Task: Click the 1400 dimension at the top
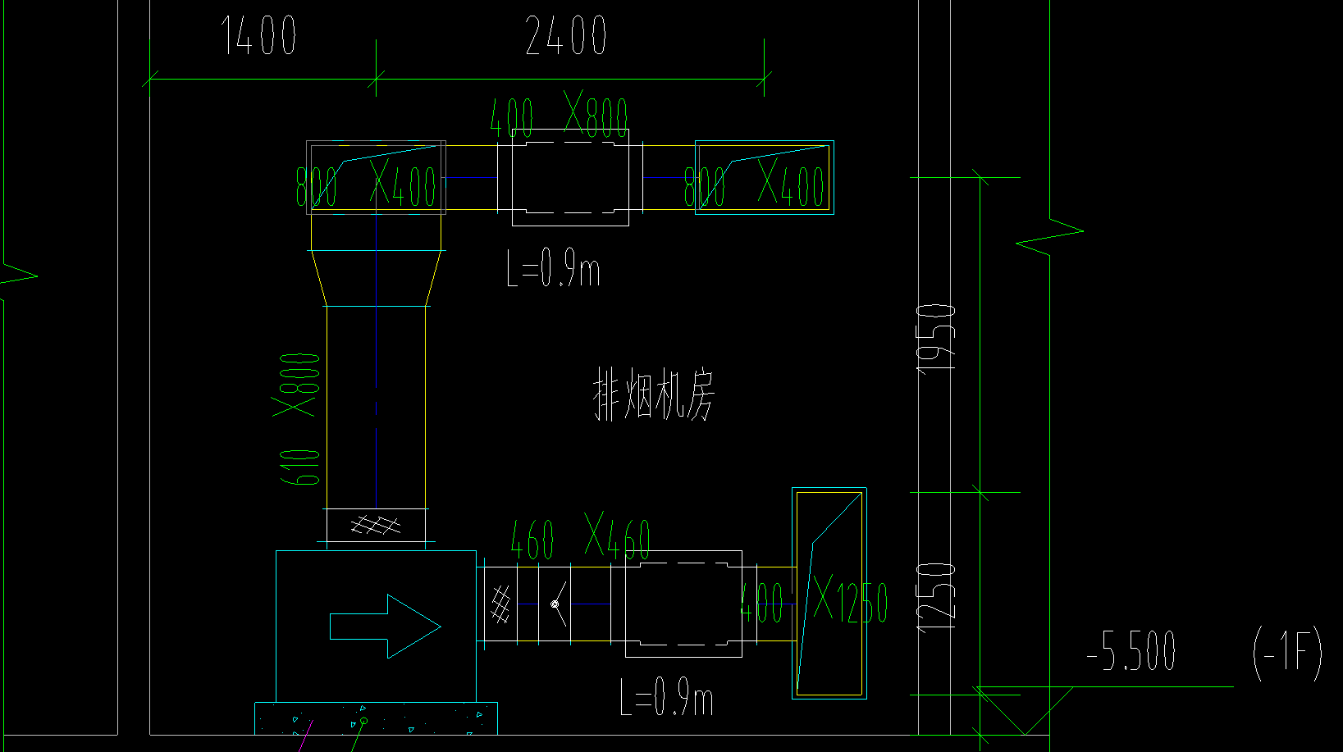(x=258, y=36)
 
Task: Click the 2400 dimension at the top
(x=565, y=36)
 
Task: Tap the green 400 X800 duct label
(x=559, y=116)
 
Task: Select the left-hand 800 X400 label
(x=366, y=185)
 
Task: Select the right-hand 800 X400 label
(x=754, y=185)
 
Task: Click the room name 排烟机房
(x=653, y=395)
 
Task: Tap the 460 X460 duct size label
(x=580, y=538)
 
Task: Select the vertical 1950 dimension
(x=936, y=336)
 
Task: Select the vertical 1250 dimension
(x=936, y=596)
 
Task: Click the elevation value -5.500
(x=1131, y=652)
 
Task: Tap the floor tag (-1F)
(x=1287, y=653)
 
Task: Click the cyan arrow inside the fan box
(x=385, y=627)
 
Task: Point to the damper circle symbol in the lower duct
(x=555, y=604)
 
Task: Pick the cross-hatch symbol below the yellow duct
(x=376, y=524)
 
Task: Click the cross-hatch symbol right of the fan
(x=500, y=605)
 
